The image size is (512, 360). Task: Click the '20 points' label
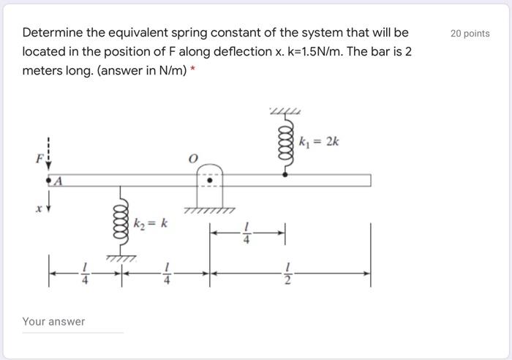[x=470, y=34]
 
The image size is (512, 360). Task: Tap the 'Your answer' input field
[x=72, y=322]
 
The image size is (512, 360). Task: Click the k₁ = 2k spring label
[x=320, y=141]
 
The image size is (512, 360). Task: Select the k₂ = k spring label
[x=151, y=222]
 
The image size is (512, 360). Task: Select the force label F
[x=42, y=157]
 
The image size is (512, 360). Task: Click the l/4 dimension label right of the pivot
[x=247, y=234]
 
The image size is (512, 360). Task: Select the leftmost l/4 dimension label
[x=86, y=275]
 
